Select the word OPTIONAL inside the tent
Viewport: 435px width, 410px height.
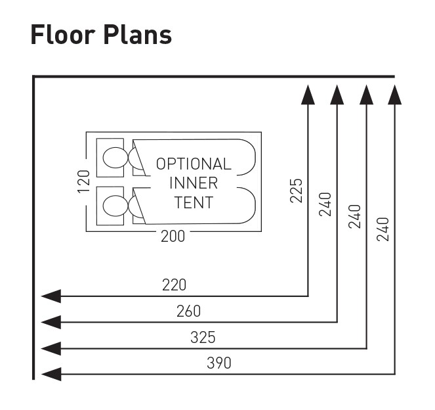(194, 164)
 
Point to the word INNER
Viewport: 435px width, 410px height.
(194, 183)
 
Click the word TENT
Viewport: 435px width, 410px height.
(194, 202)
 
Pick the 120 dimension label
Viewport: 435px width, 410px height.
(83, 181)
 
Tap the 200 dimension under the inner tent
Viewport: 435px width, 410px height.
(173, 237)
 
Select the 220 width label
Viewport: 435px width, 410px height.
(174, 285)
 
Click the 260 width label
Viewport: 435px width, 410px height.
(188, 311)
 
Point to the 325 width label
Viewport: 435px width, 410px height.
(203, 338)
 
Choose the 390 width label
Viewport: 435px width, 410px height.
(218, 363)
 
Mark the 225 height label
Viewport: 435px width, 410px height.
(297, 191)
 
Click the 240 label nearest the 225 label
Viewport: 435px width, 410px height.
(326, 204)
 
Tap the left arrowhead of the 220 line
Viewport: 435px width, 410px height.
(51, 296)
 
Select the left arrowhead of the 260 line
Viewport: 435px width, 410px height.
(51, 322)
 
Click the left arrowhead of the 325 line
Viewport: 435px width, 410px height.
(51, 348)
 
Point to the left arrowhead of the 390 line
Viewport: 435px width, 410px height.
(51, 374)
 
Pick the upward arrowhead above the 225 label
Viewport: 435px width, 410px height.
(308, 96)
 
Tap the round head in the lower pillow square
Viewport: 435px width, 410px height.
(114, 206)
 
